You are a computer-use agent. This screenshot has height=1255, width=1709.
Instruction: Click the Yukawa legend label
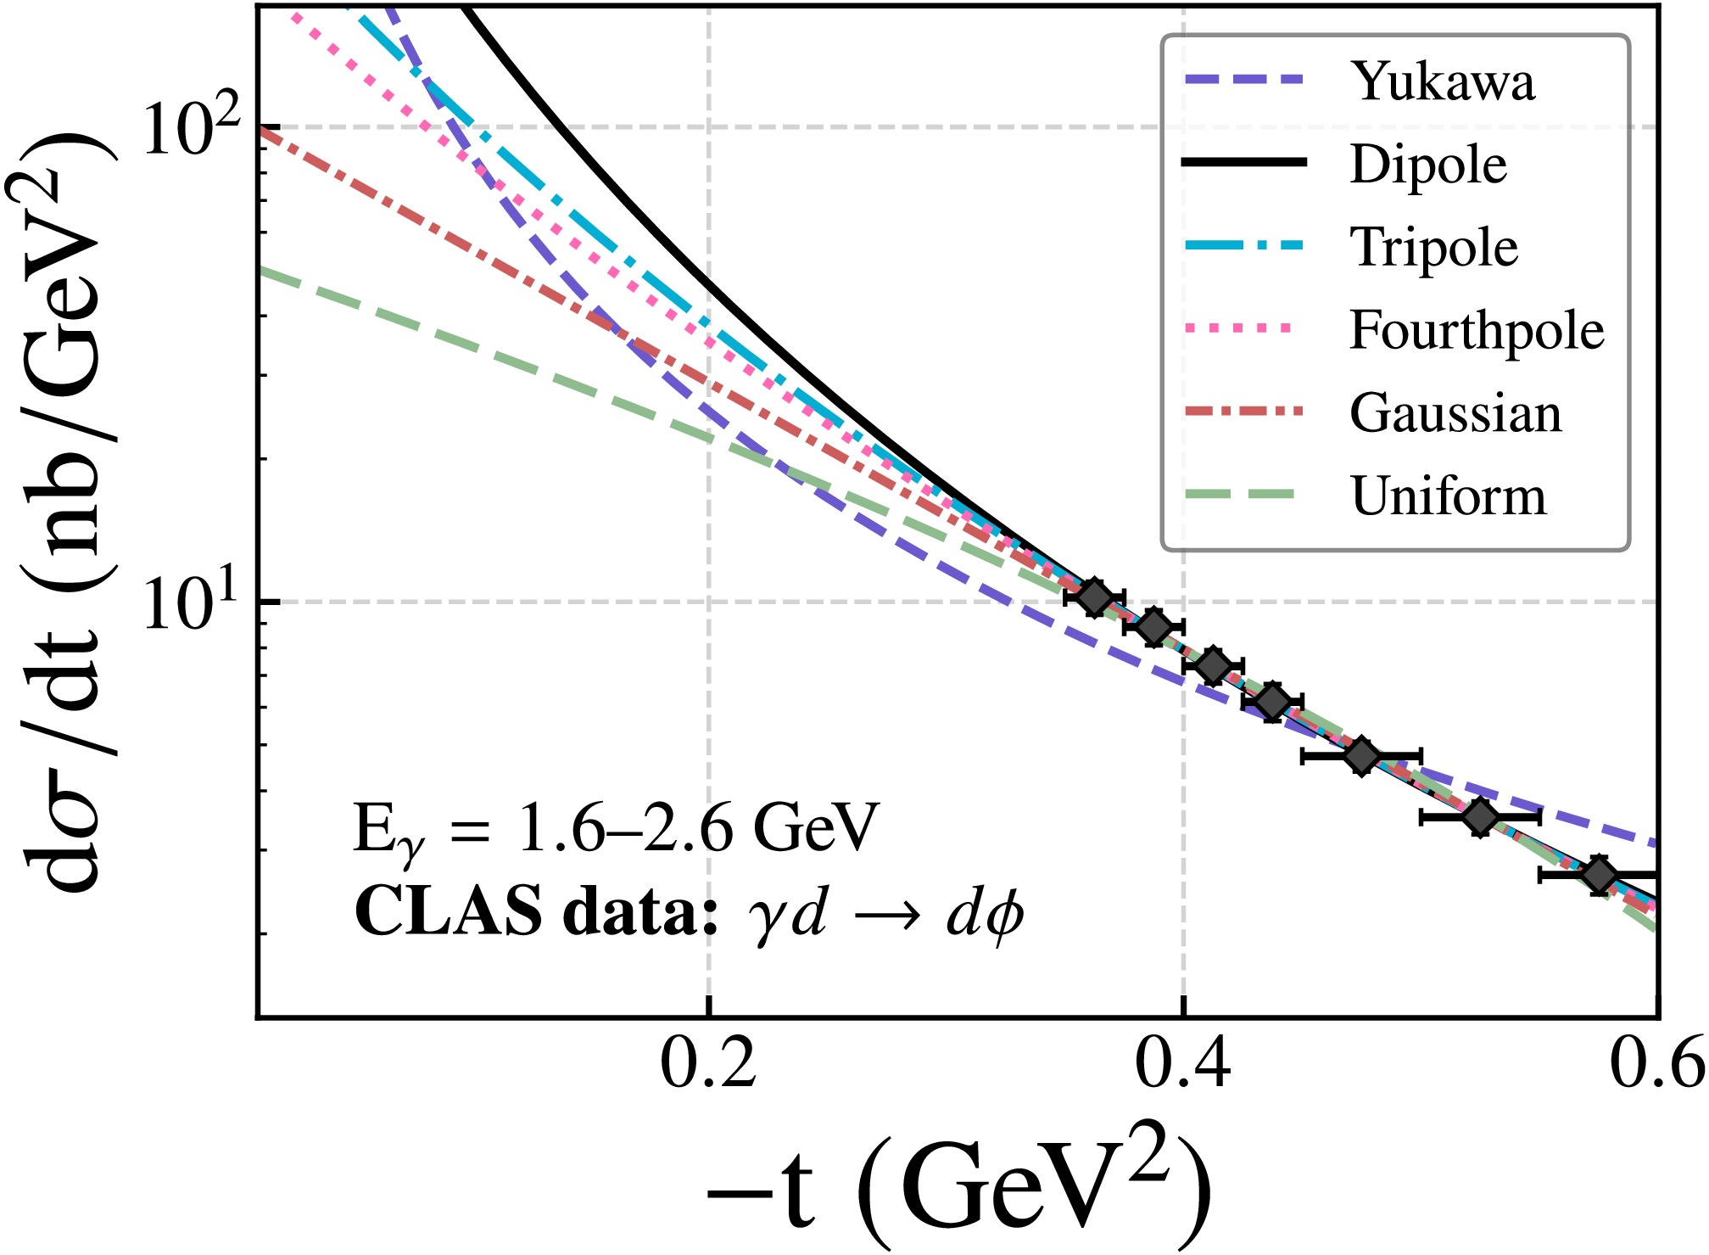click(x=1443, y=81)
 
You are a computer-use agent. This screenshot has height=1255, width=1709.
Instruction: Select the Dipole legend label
click(x=1428, y=164)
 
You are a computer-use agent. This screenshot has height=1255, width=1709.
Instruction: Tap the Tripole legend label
click(x=1433, y=247)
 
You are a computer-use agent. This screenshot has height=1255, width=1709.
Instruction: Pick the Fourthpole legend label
click(x=1477, y=329)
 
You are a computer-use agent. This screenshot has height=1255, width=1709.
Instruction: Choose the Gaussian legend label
click(x=1455, y=413)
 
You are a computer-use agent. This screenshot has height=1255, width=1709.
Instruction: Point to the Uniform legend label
click(x=1449, y=496)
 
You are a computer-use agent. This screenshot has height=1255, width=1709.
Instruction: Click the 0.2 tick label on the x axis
click(x=708, y=1065)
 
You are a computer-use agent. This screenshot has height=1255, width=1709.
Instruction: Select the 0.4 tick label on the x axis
click(x=1183, y=1065)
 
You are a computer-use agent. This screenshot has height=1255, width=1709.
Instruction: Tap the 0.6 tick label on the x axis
click(x=1656, y=1065)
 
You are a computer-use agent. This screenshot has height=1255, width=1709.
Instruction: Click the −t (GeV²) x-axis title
click(x=958, y=1188)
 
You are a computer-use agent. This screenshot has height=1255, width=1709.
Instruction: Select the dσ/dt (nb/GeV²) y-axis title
click(x=64, y=509)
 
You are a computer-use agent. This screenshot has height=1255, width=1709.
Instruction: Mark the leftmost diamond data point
click(x=1094, y=597)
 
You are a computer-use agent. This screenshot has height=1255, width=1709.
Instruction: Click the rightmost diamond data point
click(x=1599, y=875)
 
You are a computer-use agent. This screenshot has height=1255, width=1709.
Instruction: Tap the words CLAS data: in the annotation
click(x=536, y=912)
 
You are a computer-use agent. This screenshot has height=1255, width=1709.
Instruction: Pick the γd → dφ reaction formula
click(x=886, y=915)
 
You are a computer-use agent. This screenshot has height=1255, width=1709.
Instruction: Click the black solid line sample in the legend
click(x=1244, y=163)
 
